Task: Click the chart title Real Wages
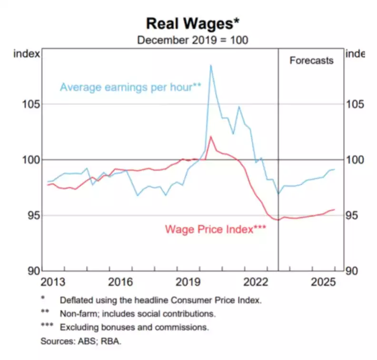[x=192, y=23]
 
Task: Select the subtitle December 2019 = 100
[x=192, y=40]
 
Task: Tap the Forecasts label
[x=311, y=60]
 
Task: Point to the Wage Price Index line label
[x=215, y=229]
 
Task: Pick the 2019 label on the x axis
[x=188, y=281]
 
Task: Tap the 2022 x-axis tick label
[x=255, y=281]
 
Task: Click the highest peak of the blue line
[x=210, y=65]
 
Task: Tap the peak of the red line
[x=210, y=137]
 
